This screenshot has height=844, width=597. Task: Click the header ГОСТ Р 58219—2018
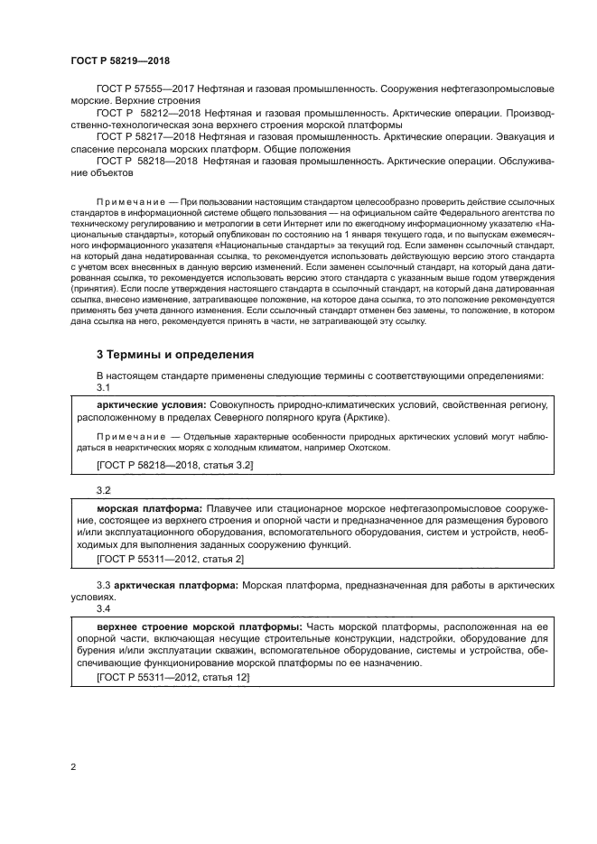pyautogui.click(x=119, y=60)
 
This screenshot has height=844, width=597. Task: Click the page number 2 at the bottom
pyautogui.click(x=73, y=767)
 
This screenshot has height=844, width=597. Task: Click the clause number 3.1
pyautogui.click(x=103, y=386)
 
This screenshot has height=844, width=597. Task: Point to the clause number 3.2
pyautogui.click(x=103, y=489)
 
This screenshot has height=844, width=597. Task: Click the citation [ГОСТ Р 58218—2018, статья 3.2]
pyautogui.click(x=174, y=465)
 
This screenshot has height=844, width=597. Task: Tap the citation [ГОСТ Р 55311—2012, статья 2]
pyautogui.click(x=170, y=560)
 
